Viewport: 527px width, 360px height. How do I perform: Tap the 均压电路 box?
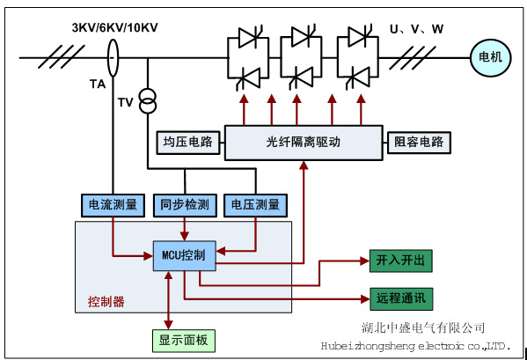tap(187, 142)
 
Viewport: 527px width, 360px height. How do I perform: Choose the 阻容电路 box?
tap(419, 142)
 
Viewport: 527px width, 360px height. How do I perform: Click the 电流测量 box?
tap(113, 205)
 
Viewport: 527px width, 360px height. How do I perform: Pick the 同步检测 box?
tap(184, 205)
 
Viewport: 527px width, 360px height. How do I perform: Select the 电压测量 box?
tap(255, 205)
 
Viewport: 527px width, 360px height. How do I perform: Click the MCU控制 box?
tap(184, 255)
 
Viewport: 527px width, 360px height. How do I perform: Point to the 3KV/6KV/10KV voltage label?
tap(111, 29)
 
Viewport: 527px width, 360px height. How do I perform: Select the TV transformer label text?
tap(126, 102)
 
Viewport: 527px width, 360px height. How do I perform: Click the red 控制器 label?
tap(106, 302)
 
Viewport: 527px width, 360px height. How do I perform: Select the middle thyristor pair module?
tap(302, 59)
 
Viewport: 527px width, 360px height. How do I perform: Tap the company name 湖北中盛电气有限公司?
tap(423, 327)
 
